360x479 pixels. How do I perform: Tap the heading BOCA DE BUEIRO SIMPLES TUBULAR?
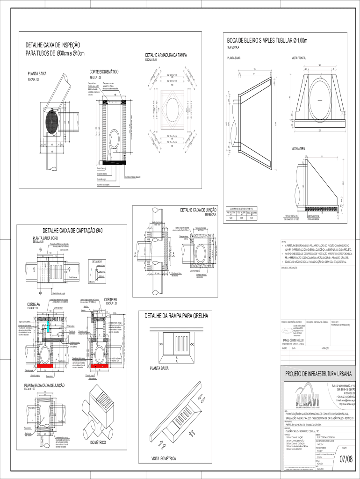pyautogui.click(x=267, y=41)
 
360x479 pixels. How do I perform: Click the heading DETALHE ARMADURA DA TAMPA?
pyautogui.click(x=166, y=55)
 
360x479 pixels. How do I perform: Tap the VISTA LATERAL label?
pyautogui.click(x=298, y=149)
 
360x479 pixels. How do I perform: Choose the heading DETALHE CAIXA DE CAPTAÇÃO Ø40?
pyautogui.click(x=73, y=231)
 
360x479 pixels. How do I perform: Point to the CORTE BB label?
pyautogui.click(x=110, y=299)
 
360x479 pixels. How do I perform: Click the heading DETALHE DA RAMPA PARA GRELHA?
pyautogui.click(x=176, y=316)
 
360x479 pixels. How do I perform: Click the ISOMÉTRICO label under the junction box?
pyautogui.click(x=98, y=442)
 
